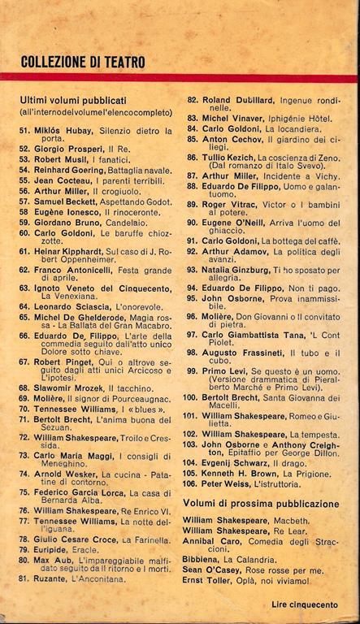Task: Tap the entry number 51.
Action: [24, 130]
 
